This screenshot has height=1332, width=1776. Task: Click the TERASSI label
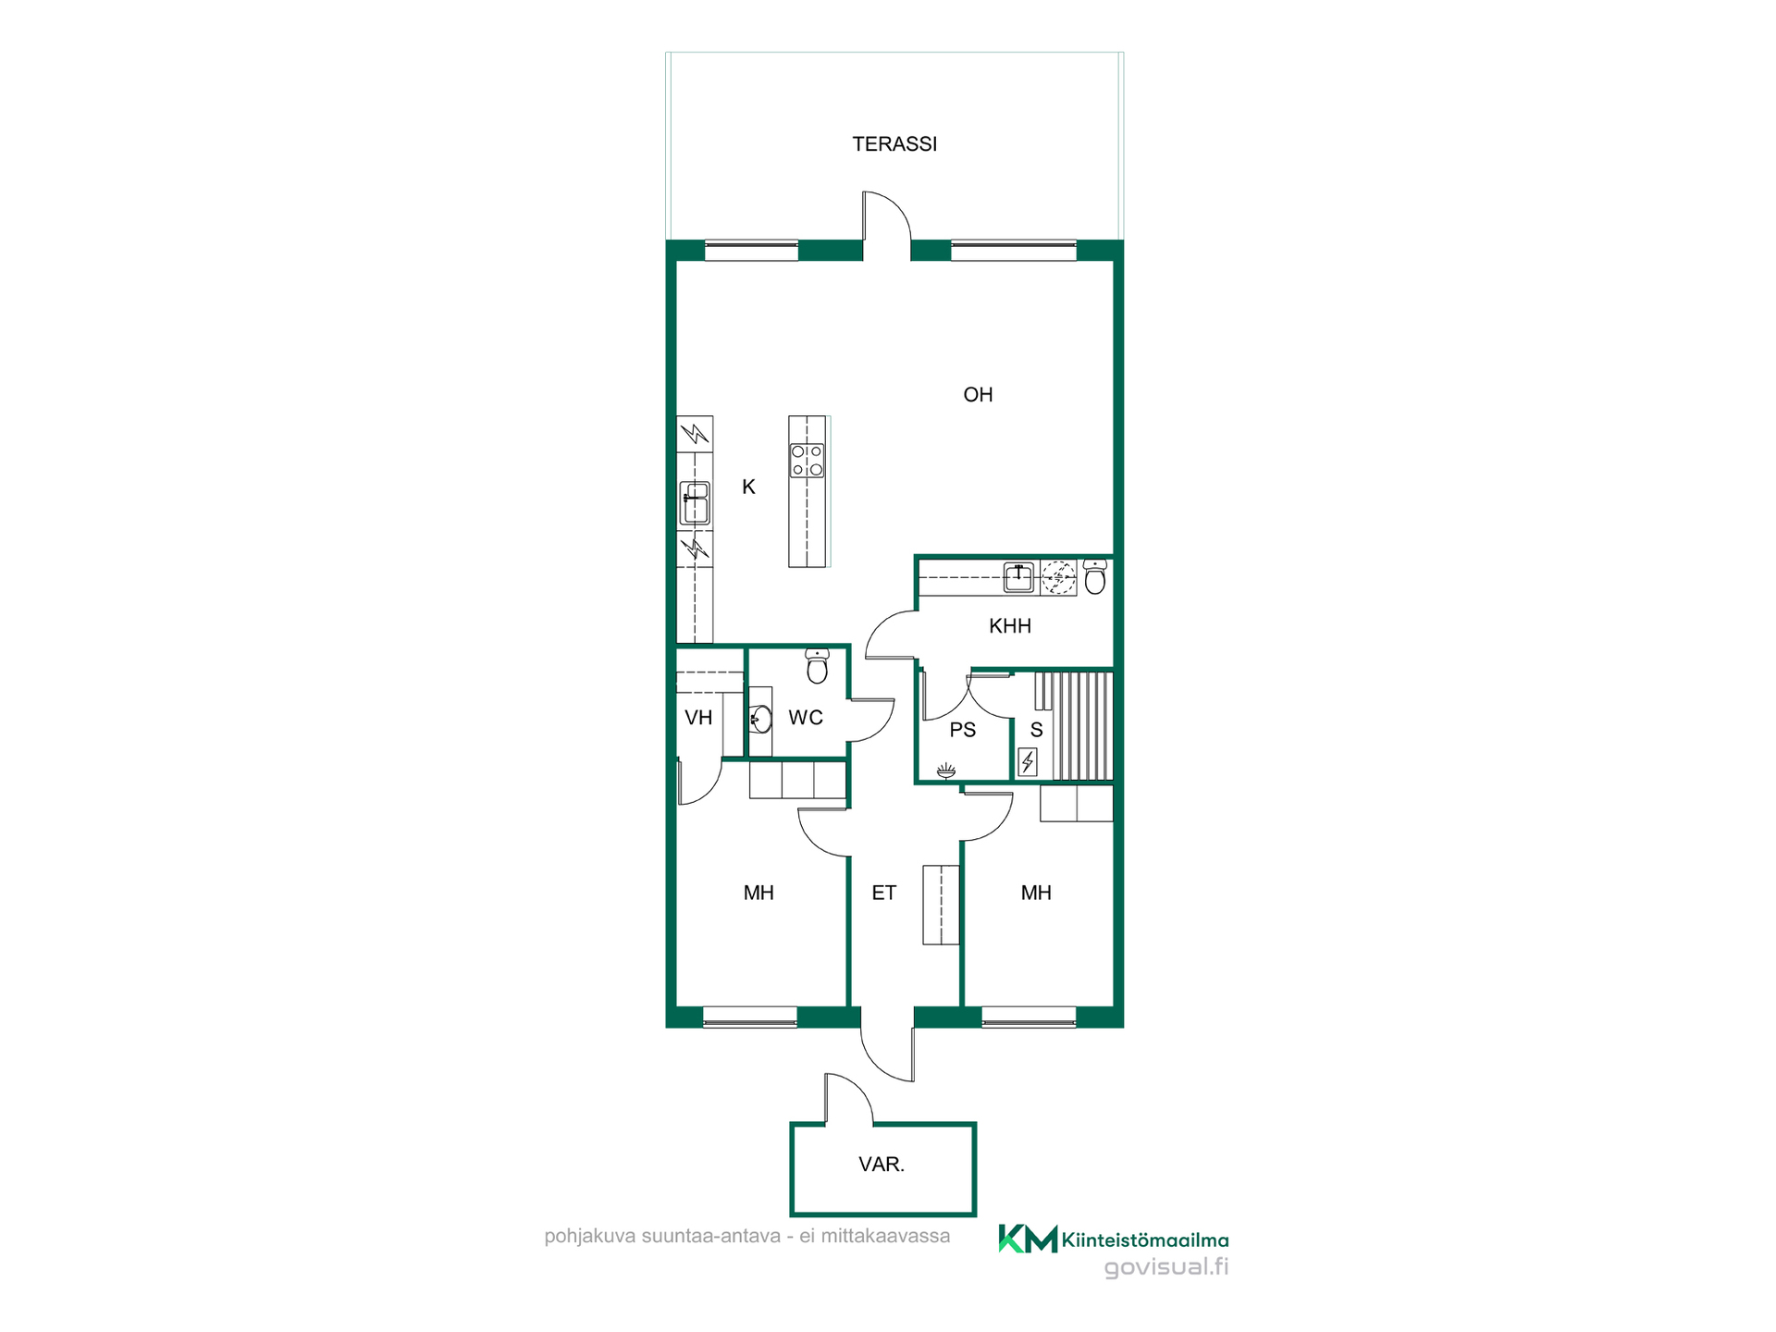click(x=894, y=144)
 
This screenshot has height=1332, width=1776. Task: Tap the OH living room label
click(x=978, y=395)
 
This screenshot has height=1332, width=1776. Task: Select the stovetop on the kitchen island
click(x=807, y=461)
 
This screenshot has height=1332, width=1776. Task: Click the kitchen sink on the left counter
click(x=695, y=503)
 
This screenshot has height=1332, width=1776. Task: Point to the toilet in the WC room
click(x=817, y=665)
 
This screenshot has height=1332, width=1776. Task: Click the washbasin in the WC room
click(x=760, y=719)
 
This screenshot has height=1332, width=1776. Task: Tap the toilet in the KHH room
click(x=1095, y=576)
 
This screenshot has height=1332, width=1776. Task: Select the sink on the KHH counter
click(x=1018, y=577)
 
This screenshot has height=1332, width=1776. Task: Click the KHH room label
click(x=1010, y=626)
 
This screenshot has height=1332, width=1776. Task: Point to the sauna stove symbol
click(x=1028, y=761)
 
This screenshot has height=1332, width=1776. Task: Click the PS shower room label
click(x=963, y=730)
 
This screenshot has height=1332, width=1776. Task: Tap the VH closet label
click(x=698, y=718)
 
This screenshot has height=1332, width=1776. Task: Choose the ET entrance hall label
click(x=884, y=893)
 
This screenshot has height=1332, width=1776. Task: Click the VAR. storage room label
click(x=882, y=1165)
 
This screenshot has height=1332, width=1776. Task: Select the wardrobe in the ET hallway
click(x=942, y=905)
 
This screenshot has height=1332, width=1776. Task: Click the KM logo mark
click(x=1028, y=1239)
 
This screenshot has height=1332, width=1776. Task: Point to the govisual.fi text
click(x=1166, y=1268)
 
